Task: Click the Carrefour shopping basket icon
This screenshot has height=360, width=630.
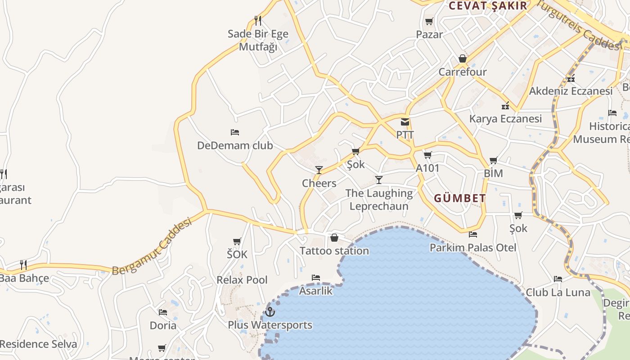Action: (x=462, y=59)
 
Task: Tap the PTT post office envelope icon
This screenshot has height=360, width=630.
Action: (x=405, y=122)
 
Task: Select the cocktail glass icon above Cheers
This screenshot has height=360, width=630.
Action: (x=319, y=170)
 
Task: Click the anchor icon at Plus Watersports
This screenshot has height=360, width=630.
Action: (x=270, y=311)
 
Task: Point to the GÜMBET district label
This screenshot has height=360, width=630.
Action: (x=460, y=198)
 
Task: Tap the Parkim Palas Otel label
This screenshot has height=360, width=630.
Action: (x=473, y=247)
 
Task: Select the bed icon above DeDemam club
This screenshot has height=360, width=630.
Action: (x=235, y=132)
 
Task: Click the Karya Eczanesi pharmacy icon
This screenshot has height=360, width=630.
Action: (x=505, y=106)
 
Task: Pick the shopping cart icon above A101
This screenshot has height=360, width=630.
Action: (x=427, y=155)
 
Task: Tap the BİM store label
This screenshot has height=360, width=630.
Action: (x=493, y=174)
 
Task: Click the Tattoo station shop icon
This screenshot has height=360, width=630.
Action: (x=334, y=238)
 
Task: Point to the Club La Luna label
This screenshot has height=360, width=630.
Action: (x=558, y=292)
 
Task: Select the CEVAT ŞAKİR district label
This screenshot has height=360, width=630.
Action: (x=488, y=6)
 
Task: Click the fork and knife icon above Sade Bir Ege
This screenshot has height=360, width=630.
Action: (x=258, y=21)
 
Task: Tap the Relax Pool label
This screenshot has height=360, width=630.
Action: (x=242, y=280)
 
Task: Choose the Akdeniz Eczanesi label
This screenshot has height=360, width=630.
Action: (x=571, y=91)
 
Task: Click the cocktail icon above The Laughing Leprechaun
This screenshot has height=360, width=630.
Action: (x=379, y=180)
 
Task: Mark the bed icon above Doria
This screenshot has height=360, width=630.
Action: (x=163, y=312)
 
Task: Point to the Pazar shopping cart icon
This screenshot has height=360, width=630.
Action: (x=429, y=22)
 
